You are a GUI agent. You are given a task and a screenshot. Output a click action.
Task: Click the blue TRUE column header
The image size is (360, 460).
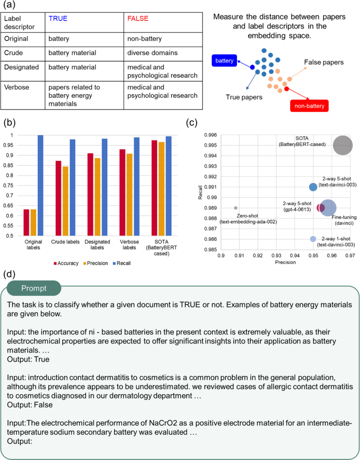tap(58, 18)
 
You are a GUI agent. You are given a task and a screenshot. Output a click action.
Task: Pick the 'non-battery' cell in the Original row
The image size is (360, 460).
tap(145, 39)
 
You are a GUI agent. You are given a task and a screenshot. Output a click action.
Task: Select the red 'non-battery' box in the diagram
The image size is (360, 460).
tap(311, 106)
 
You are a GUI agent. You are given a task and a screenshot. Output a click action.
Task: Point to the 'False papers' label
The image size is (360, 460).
tap(324, 63)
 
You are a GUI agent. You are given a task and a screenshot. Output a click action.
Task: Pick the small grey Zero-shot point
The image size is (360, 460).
tap(235, 208)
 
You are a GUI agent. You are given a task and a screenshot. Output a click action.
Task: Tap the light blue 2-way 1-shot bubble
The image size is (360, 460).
tap(313, 239)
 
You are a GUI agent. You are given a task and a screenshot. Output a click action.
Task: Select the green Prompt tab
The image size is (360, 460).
tap(33, 288)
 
